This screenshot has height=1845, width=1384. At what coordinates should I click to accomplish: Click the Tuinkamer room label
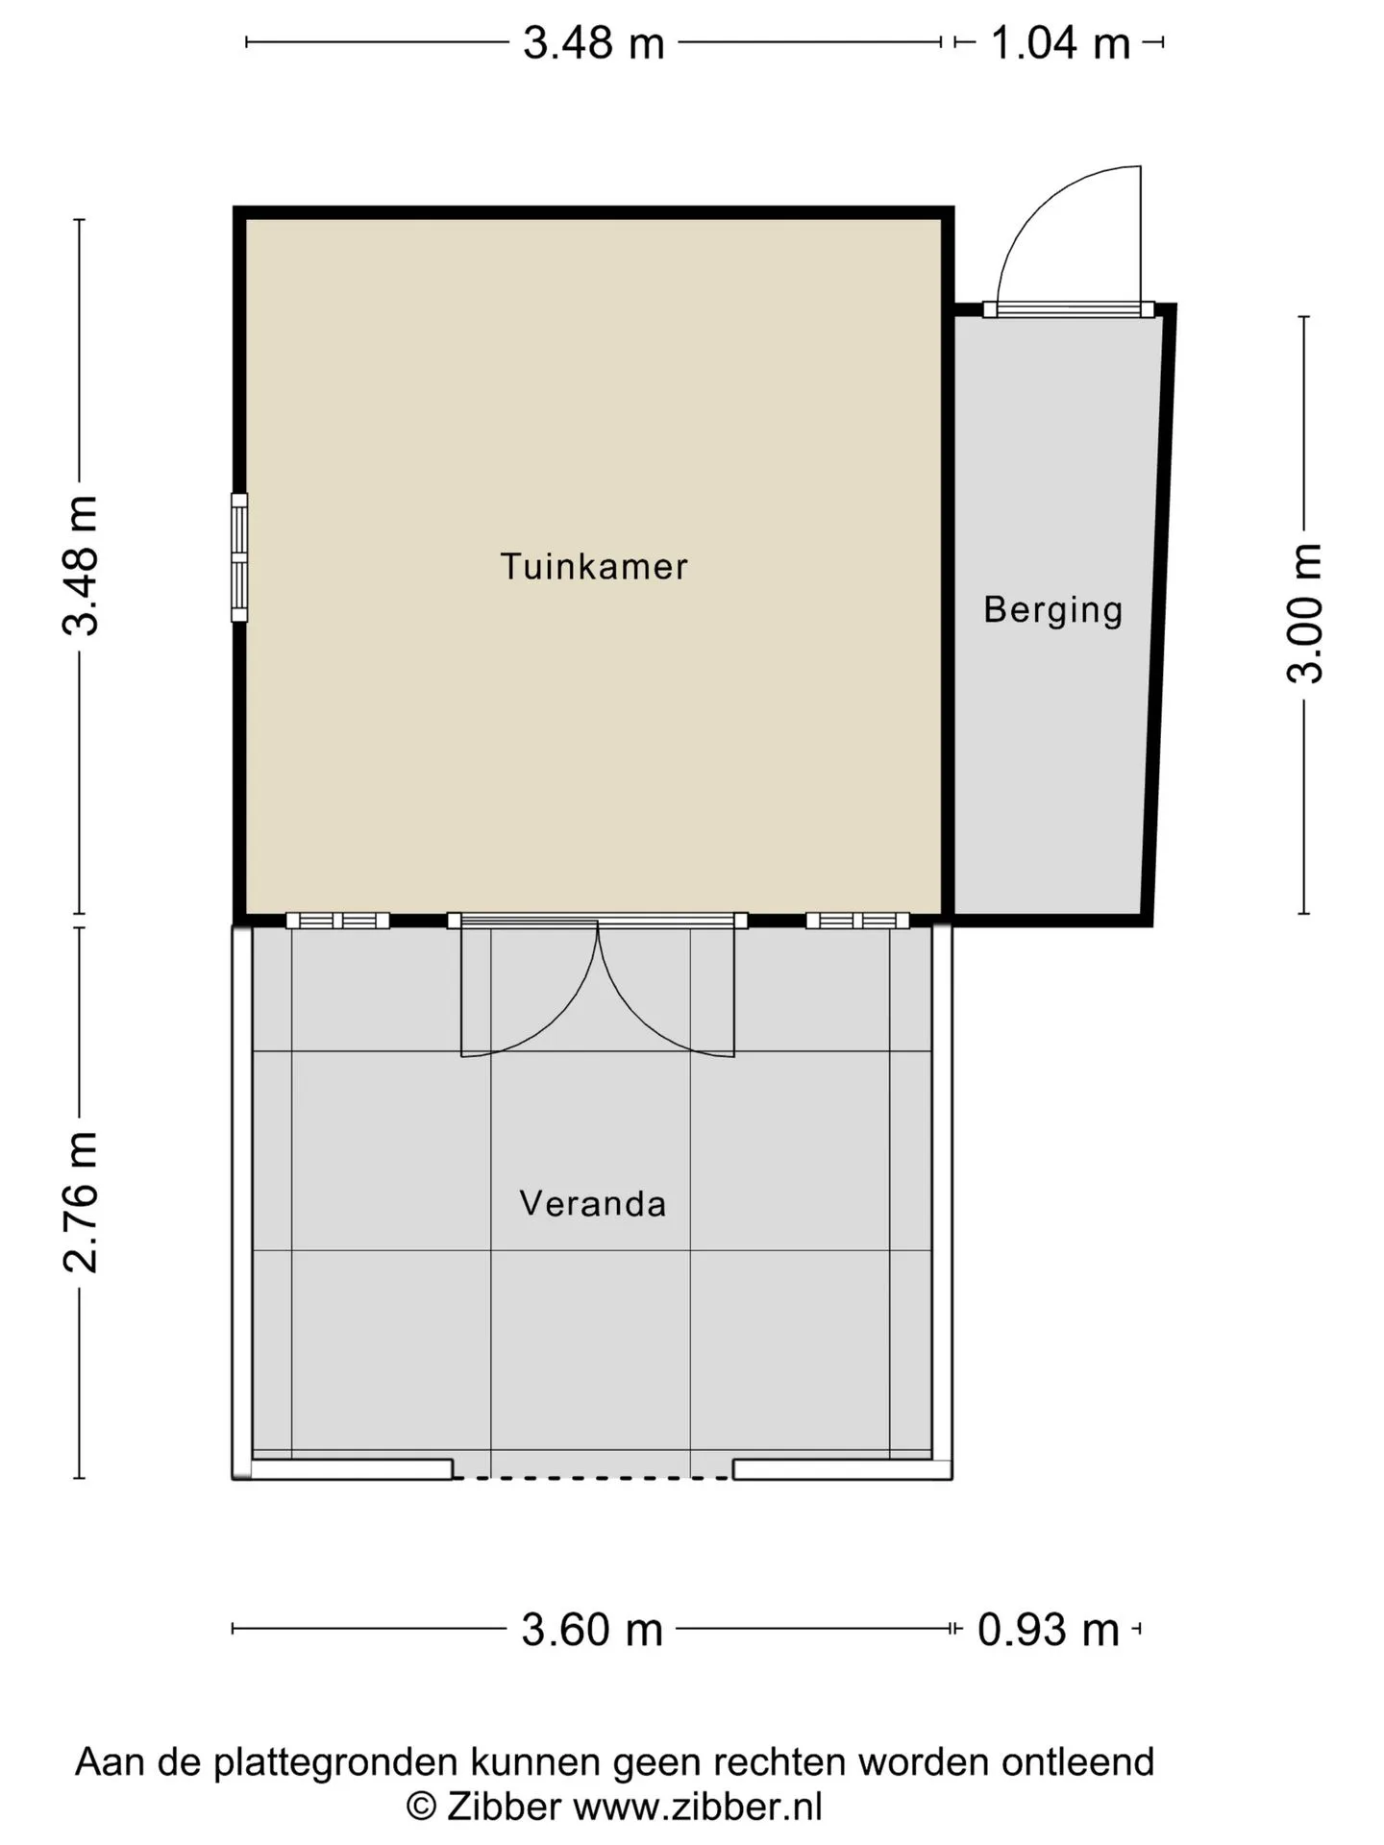point(594,566)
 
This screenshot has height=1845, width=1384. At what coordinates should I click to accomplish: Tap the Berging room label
point(1053,610)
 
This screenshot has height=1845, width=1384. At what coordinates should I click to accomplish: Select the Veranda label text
point(593,1203)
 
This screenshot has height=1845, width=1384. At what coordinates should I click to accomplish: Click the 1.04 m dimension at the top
point(1060,43)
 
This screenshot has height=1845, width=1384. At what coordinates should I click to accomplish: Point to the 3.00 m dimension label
point(1304,613)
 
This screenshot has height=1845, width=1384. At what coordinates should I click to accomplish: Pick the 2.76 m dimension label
point(80,1202)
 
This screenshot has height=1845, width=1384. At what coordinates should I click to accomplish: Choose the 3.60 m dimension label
point(592,1630)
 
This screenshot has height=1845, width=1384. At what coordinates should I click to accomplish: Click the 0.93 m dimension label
point(1049,1630)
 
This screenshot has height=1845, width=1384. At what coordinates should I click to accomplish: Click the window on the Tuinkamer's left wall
point(239,557)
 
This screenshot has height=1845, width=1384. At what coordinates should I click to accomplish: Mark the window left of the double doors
point(337,921)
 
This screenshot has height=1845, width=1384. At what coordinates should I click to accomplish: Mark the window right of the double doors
point(857,921)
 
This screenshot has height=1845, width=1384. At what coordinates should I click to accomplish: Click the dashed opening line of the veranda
point(592,1477)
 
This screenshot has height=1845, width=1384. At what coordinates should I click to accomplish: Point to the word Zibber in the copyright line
point(503,1807)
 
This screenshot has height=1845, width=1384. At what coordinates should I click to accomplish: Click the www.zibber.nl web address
point(698,1807)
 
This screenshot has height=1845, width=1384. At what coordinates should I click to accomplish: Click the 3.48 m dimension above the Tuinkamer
point(594,43)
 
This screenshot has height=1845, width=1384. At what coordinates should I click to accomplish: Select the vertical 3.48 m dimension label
point(80,566)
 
